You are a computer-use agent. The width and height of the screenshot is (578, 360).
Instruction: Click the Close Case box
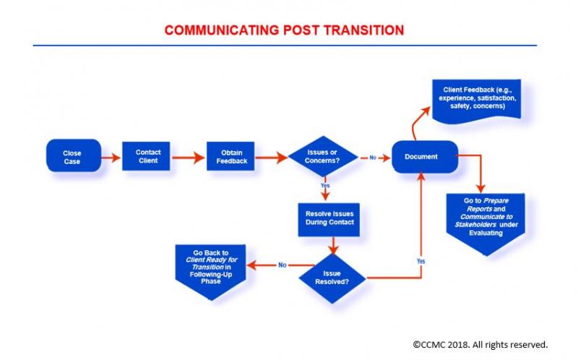72,157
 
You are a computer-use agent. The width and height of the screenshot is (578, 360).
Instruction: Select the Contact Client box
147,156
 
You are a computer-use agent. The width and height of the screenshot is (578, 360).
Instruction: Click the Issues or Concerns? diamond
323,156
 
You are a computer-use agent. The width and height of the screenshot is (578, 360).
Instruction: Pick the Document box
425,157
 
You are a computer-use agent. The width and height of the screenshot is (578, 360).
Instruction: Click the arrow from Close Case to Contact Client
111,157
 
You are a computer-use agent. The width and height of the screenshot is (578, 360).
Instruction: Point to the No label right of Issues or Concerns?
374,157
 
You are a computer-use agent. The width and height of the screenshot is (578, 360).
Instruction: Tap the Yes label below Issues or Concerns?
325,186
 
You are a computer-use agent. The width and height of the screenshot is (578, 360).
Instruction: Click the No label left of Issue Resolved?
282,265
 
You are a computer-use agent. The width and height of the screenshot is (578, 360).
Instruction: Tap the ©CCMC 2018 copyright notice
480,344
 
